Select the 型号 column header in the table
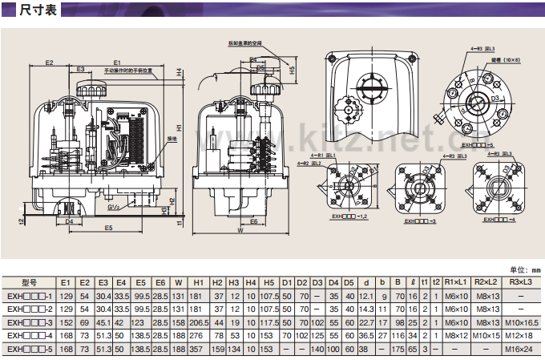pos(30,282)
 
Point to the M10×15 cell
pos(485,335)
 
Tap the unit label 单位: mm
pos(525,269)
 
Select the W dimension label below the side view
pos(240,230)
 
